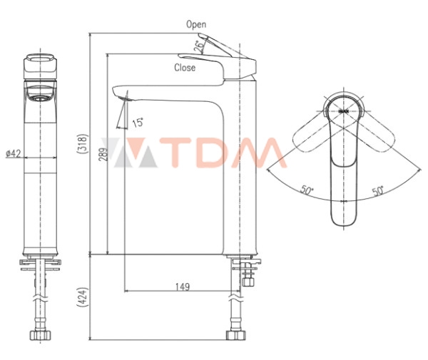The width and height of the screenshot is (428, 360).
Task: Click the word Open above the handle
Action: coord(196,24)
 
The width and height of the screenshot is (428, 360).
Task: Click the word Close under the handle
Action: coord(185,68)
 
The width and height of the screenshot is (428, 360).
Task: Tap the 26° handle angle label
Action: coord(199,46)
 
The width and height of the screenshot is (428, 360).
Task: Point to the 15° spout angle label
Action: coord(138,122)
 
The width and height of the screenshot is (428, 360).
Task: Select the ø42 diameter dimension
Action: coord(13,153)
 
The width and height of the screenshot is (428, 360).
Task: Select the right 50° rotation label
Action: coord(377,191)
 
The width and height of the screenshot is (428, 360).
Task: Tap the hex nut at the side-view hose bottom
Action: coord(233,335)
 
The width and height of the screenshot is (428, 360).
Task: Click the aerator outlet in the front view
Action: coord(41,92)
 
